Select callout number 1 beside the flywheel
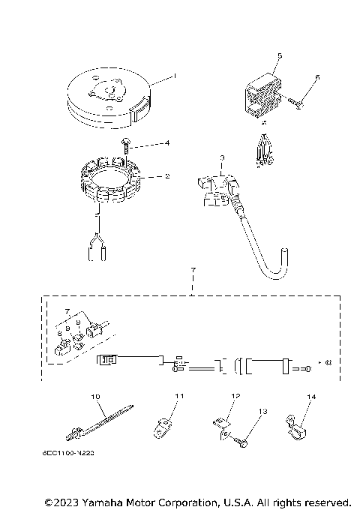point(174,76)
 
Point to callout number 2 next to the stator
point(167,177)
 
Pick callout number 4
point(167,142)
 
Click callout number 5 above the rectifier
point(280,55)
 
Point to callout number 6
point(317,77)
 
